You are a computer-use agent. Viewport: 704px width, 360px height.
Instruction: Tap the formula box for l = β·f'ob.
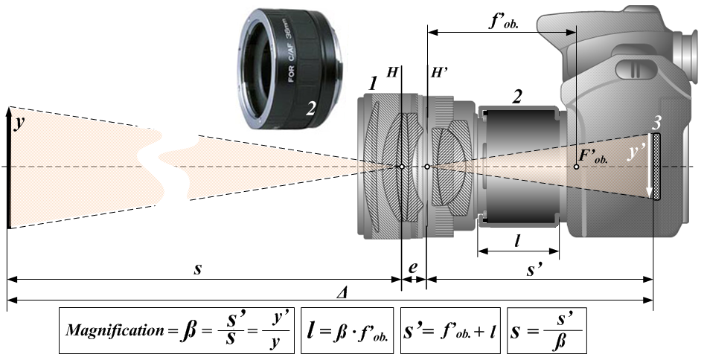click(x=350, y=329)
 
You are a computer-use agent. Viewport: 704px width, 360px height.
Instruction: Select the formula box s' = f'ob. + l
click(x=452, y=329)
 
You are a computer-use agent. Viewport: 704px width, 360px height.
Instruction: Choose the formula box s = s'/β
click(x=546, y=329)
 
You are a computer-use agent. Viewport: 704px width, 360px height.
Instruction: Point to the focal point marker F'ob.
click(x=577, y=167)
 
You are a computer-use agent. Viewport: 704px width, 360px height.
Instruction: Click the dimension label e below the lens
click(x=414, y=266)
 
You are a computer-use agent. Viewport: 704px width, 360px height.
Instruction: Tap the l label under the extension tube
click(x=517, y=240)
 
